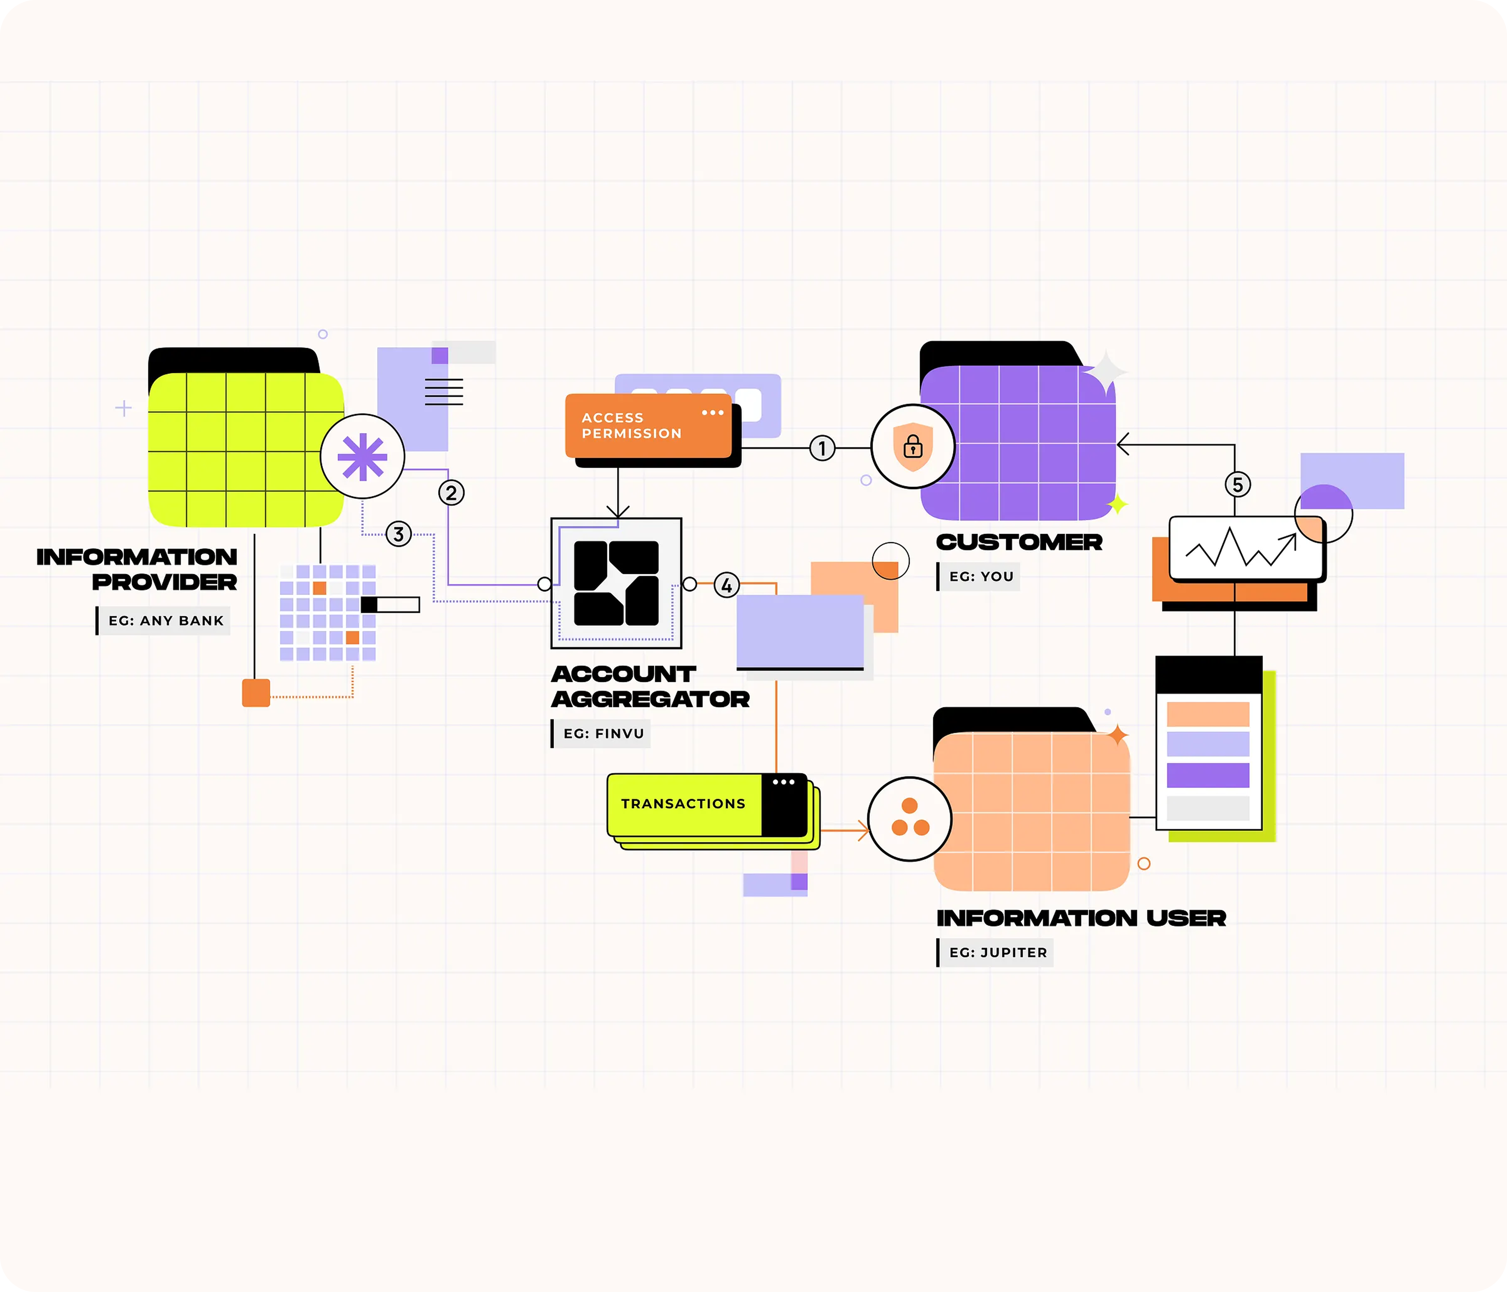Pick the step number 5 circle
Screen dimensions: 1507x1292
pyautogui.click(x=1238, y=484)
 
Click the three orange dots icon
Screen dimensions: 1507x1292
pyautogui.click(x=910, y=818)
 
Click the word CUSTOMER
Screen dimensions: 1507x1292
pyautogui.click(x=1019, y=542)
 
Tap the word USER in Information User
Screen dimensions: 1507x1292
pyautogui.click(x=1186, y=918)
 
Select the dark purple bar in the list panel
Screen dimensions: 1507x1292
pyautogui.click(x=1207, y=775)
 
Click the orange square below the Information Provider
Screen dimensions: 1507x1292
pyautogui.click(x=256, y=693)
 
